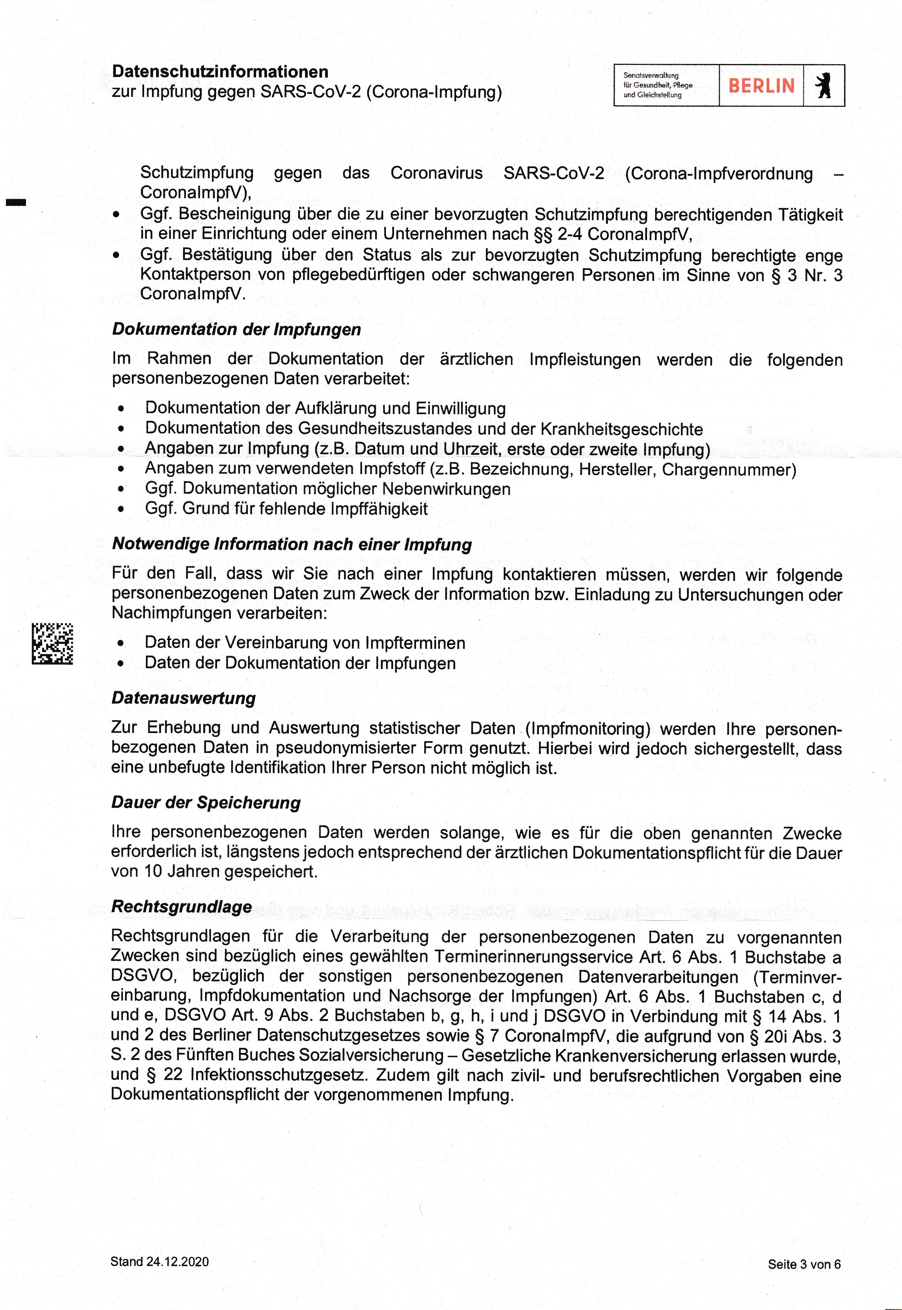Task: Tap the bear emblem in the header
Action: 824,86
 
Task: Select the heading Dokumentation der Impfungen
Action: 236,329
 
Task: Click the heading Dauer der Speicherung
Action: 206,803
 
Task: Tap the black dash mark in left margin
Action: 16,202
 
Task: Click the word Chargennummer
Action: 729,470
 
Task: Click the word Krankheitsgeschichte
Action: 622,429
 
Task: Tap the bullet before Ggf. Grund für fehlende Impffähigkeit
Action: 120,509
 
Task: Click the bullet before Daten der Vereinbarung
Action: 120,643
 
